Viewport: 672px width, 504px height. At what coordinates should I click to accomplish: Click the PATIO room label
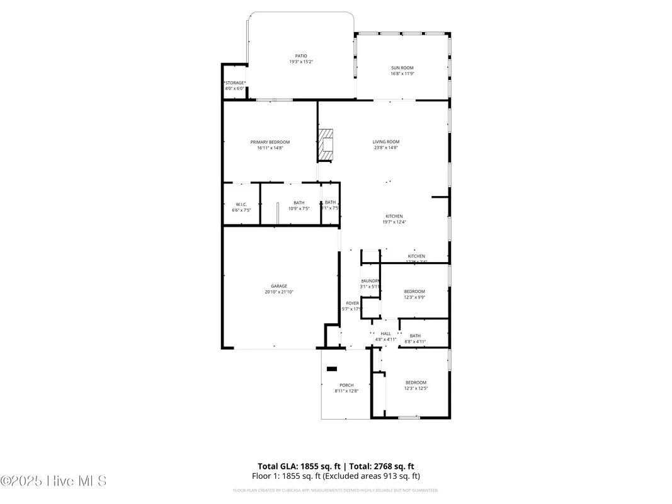pos(301,55)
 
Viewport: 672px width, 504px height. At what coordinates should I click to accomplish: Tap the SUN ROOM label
pos(402,67)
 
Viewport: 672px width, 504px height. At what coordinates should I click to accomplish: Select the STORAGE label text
pos(234,83)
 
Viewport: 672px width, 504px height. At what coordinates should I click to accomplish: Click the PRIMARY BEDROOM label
pos(270,142)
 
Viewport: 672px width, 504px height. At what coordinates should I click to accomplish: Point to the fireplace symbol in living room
pos(326,145)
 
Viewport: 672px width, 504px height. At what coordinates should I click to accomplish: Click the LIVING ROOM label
pos(385,142)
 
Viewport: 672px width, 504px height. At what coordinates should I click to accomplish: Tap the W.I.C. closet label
pos(241,204)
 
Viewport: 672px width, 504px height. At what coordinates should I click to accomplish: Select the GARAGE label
pos(279,286)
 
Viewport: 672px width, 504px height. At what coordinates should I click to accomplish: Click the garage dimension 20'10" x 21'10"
pos(279,292)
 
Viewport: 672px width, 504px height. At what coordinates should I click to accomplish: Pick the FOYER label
pos(352,303)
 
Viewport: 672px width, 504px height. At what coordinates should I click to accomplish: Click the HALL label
pos(385,334)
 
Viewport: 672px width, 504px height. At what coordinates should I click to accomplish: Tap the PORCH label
pos(346,385)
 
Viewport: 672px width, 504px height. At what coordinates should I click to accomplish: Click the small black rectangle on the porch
pos(331,369)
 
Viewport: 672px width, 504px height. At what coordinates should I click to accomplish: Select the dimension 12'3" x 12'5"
pos(416,389)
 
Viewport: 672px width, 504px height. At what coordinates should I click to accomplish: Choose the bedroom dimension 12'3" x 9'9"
pos(414,297)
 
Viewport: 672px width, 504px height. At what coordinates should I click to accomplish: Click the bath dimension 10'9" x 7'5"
pos(299,209)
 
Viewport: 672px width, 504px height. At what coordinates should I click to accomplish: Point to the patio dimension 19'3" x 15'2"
pos(301,62)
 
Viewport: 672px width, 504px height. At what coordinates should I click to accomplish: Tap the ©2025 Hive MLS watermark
pos(54,481)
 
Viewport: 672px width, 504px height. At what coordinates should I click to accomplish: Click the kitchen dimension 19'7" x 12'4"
pos(394,222)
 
